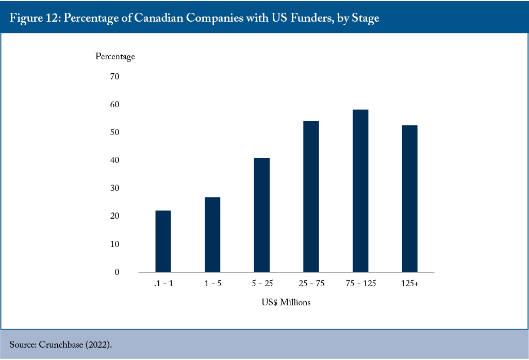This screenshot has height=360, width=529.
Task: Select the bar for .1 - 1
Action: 163,241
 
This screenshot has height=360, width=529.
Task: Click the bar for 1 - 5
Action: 212,235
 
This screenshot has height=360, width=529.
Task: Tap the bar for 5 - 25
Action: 262,215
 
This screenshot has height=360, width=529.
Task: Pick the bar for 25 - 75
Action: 311,197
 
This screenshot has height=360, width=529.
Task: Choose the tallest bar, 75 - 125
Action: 360,191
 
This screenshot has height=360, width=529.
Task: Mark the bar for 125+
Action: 409,199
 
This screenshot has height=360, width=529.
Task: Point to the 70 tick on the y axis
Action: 114,76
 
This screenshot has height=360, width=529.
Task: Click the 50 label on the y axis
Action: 114,132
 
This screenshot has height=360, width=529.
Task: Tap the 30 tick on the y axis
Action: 114,188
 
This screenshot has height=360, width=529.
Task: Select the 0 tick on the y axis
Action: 117,272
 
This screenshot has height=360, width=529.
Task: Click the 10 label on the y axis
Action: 114,244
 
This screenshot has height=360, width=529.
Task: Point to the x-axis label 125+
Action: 409,284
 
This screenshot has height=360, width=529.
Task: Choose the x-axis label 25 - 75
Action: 311,284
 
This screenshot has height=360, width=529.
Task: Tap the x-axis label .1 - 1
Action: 163,284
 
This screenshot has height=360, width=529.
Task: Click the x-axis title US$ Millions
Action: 286,302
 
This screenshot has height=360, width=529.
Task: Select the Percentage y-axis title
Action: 115,56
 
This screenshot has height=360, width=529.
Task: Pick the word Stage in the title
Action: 366,18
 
